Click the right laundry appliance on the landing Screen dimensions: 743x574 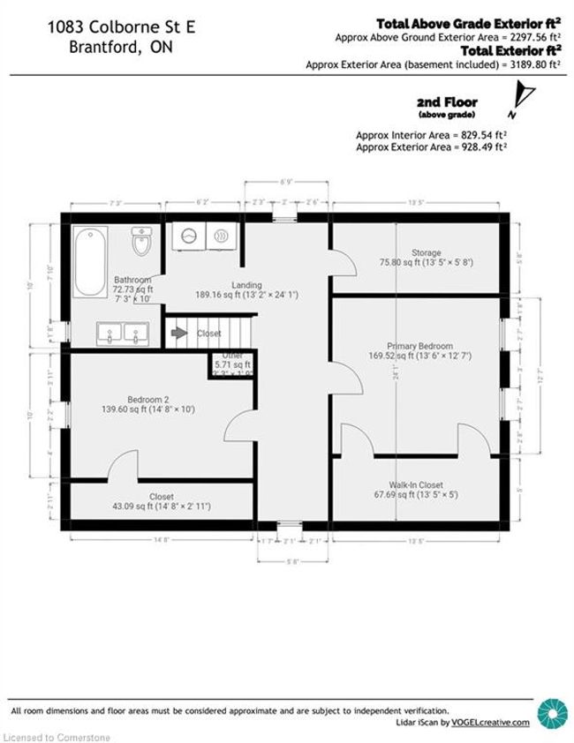point(220,236)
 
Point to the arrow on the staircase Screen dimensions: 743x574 point(179,333)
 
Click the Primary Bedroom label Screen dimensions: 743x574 point(419,346)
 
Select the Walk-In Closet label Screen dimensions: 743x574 point(416,484)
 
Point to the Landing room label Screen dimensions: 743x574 point(246,284)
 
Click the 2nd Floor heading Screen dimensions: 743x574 point(446,102)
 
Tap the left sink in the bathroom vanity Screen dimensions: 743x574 point(110,333)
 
